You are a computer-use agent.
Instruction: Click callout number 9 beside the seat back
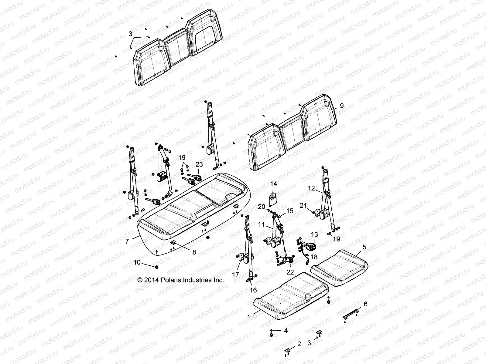[342, 106]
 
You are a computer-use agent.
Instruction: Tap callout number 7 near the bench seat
[127, 241]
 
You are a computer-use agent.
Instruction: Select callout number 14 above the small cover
[274, 184]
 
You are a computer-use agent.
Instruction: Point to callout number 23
[199, 164]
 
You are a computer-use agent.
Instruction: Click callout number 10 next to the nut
[137, 262]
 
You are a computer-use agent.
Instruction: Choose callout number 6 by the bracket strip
[365, 304]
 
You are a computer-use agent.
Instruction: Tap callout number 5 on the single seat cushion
[364, 247]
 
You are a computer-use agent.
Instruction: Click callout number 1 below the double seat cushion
[249, 317]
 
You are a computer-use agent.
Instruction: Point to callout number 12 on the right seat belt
[311, 188]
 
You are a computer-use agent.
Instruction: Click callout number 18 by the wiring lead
[314, 257]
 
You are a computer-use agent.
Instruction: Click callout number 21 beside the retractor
[303, 205]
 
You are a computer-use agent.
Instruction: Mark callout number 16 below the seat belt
[253, 290]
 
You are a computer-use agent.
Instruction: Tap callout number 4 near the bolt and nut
[285, 331]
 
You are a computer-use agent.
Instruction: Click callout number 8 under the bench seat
[194, 252]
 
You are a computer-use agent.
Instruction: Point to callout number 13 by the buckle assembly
[314, 234]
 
